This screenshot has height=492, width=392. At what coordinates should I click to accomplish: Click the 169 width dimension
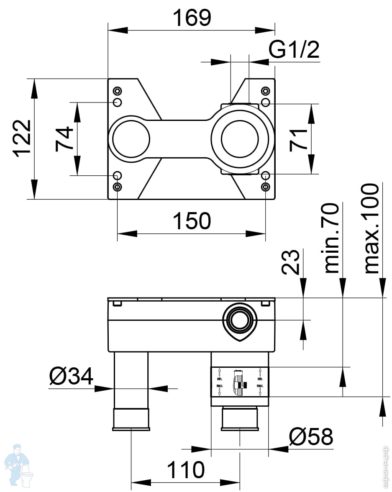point(192,17)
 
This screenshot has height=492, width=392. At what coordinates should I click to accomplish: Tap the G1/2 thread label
point(294,50)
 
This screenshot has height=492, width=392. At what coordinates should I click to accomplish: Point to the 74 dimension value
point(64,139)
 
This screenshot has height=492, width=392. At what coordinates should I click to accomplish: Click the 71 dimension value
point(299,140)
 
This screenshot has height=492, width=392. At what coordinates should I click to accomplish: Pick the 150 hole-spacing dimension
point(192,221)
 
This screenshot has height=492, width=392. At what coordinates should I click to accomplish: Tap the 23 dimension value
point(290,262)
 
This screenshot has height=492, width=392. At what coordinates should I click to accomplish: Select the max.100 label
point(372,229)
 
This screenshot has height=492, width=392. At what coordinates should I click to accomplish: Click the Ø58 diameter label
point(311,437)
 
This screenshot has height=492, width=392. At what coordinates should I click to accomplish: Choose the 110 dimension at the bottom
point(186,470)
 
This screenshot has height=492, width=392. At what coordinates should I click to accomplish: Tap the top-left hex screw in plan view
point(118,91)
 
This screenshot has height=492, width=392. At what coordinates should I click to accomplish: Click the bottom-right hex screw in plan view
point(265,187)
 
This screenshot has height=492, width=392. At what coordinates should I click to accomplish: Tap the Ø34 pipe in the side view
point(131,381)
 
